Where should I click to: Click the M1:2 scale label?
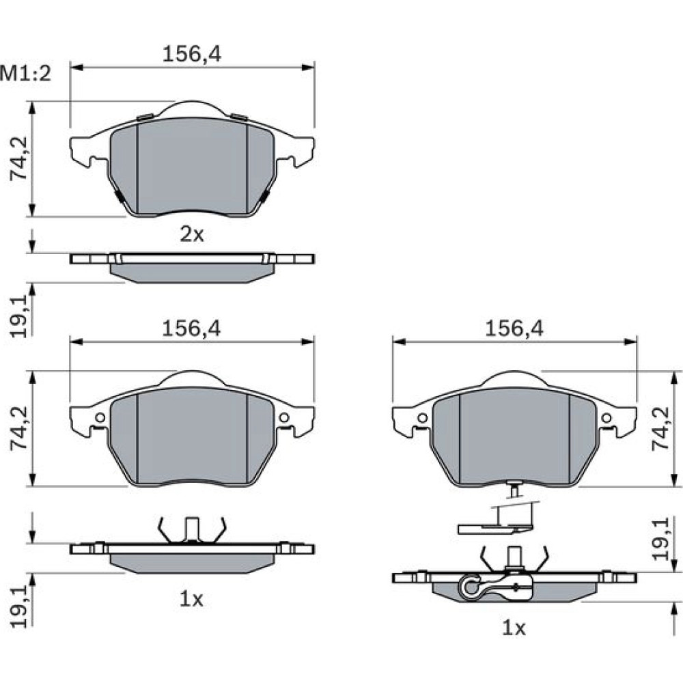pyautogui.click(x=26, y=74)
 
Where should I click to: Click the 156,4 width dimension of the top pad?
pyautogui.click(x=192, y=54)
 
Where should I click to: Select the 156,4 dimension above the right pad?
pyautogui.click(x=514, y=329)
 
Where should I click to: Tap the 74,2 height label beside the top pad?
pyautogui.click(x=19, y=158)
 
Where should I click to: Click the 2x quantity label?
pyautogui.click(x=192, y=235)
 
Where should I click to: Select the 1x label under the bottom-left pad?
pyautogui.click(x=192, y=600)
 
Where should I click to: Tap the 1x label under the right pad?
pyautogui.click(x=514, y=628)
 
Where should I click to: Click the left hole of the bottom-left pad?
pyautogui.click(x=100, y=418)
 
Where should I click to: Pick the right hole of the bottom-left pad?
pyautogui.click(x=284, y=418)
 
